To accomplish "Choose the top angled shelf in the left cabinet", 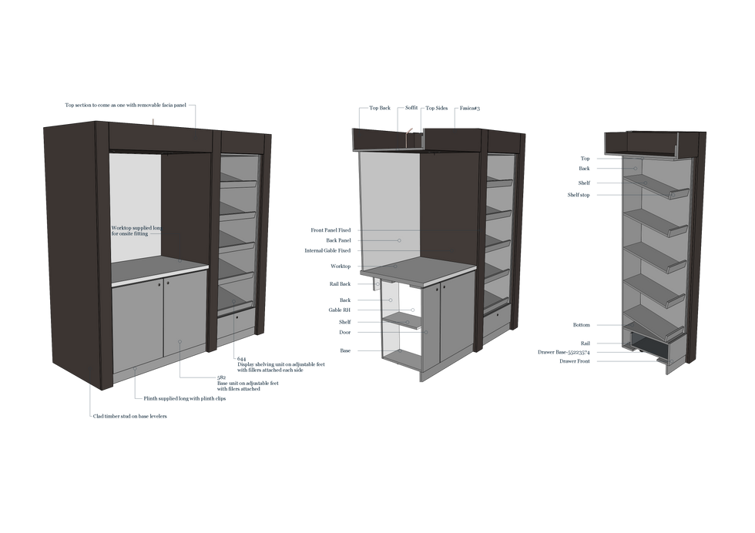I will pyautogui.click(x=239, y=183).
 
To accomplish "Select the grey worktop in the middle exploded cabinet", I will pyautogui.click(x=424, y=269).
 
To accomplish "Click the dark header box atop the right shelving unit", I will pyautogui.click(x=655, y=144).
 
